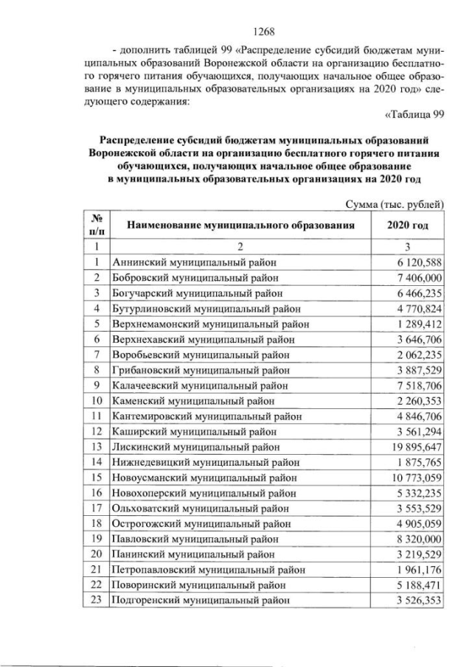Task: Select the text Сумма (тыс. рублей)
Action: pos(395,203)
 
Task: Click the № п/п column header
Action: pos(96,226)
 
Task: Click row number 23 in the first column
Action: pos(96,599)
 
